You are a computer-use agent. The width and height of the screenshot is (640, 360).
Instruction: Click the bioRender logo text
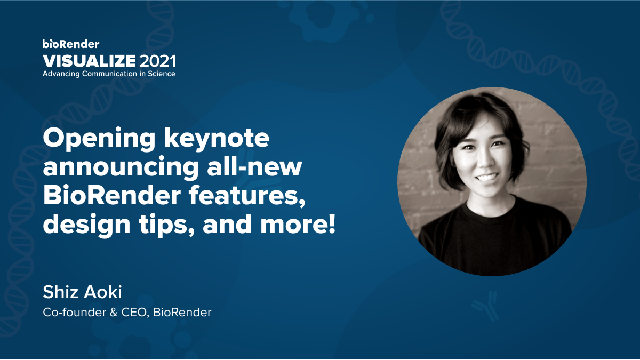[x=70, y=44]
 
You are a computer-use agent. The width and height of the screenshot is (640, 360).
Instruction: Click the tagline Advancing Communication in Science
[x=109, y=74]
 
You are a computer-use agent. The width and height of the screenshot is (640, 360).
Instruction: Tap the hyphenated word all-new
[x=262, y=169]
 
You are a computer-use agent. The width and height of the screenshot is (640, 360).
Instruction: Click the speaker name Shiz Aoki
[x=83, y=292]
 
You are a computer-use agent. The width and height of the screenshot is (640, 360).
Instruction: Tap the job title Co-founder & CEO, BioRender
[x=127, y=312]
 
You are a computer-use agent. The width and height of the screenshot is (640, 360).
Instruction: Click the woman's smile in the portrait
[x=486, y=177]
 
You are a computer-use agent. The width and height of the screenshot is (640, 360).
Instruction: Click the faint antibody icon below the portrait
[x=484, y=307]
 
